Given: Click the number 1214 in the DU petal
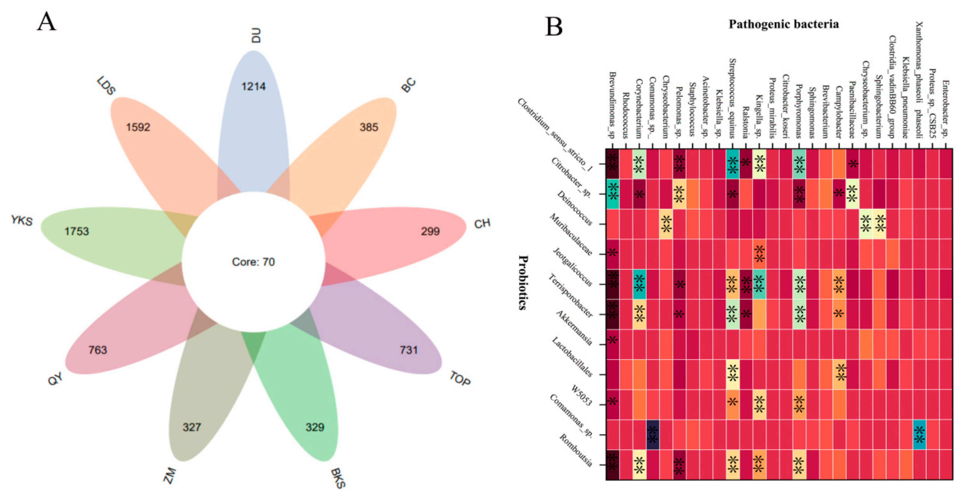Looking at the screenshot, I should point(254,87).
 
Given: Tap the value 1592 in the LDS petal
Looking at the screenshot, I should point(138,127).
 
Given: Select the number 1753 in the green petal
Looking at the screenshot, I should point(77,231).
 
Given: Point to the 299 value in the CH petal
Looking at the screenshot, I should point(430,231).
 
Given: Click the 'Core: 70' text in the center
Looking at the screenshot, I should point(254,262).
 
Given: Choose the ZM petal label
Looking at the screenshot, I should point(170,475).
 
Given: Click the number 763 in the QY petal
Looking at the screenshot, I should point(98,350).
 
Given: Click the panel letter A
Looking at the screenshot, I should point(46,22).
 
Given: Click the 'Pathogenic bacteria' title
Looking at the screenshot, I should point(783,24).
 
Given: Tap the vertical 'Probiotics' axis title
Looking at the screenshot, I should point(523,283).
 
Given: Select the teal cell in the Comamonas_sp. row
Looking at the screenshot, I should point(920,435).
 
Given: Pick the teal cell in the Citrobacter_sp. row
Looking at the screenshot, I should point(612,194).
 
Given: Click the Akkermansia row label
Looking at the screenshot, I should point(574,328).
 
